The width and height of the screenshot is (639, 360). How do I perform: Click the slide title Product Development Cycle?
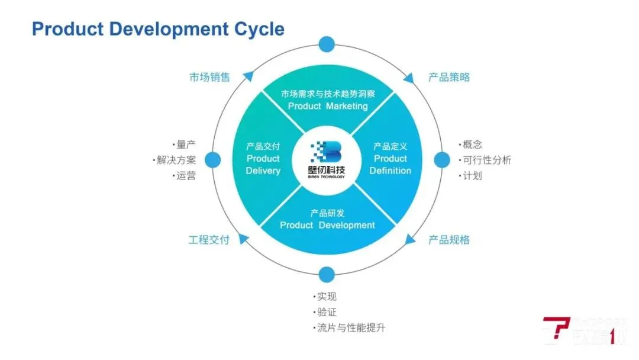158,29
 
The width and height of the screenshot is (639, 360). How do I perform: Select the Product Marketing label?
327,106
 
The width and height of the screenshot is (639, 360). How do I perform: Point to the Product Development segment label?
327,225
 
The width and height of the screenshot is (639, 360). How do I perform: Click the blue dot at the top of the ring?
327,44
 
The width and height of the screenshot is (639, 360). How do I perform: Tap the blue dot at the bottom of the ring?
327,275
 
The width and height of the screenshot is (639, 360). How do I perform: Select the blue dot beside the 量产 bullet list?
212,159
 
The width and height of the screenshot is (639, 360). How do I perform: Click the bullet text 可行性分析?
488,160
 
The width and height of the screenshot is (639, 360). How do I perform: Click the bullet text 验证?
327,312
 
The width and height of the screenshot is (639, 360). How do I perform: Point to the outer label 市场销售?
209,78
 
